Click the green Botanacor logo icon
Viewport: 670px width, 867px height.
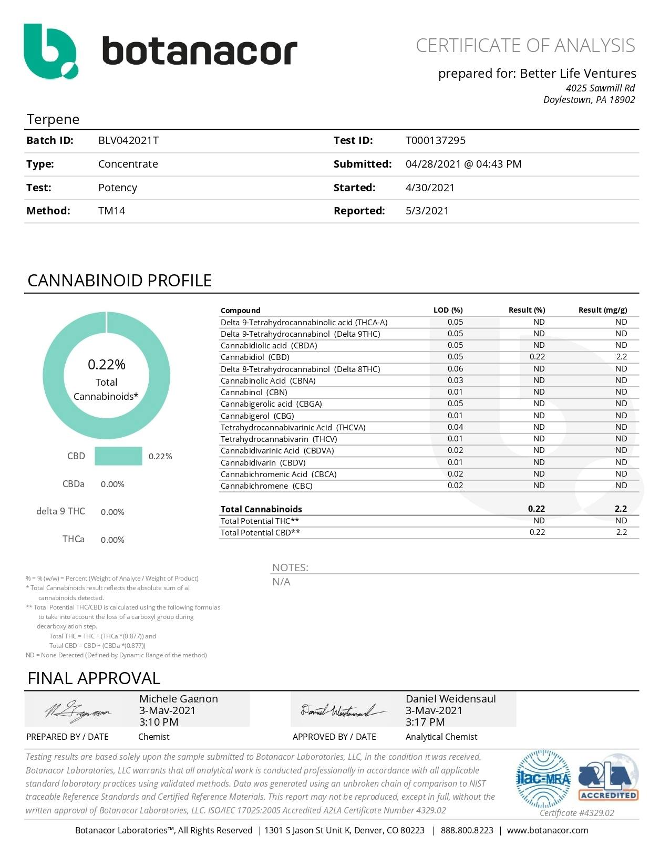click(x=50, y=51)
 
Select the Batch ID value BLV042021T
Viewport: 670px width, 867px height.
click(x=128, y=140)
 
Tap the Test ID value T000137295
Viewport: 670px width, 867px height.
click(x=435, y=140)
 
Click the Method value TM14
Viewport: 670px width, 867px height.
click(x=111, y=211)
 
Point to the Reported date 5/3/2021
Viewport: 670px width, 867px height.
click(x=427, y=211)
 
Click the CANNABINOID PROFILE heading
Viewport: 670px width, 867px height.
click(x=119, y=281)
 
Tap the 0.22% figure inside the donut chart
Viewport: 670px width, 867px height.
click(x=106, y=364)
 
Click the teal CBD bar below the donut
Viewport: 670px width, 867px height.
click(x=118, y=456)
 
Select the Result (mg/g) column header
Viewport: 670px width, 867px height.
click(x=602, y=310)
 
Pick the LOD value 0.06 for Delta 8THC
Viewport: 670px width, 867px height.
click(x=455, y=369)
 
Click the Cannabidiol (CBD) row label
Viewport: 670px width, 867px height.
click(x=255, y=357)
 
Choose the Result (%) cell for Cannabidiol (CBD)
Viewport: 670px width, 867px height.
click(x=537, y=357)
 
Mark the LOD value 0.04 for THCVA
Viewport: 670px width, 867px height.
click(x=455, y=427)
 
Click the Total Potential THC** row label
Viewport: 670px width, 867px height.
click(x=260, y=521)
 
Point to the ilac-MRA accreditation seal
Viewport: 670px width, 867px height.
click(x=543, y=779)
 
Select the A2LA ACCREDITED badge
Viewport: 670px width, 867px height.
click(x=608, y=779)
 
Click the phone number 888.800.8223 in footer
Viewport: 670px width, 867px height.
click(x=467, y=830)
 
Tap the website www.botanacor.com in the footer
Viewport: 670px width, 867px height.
click(x=547, y=830)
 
